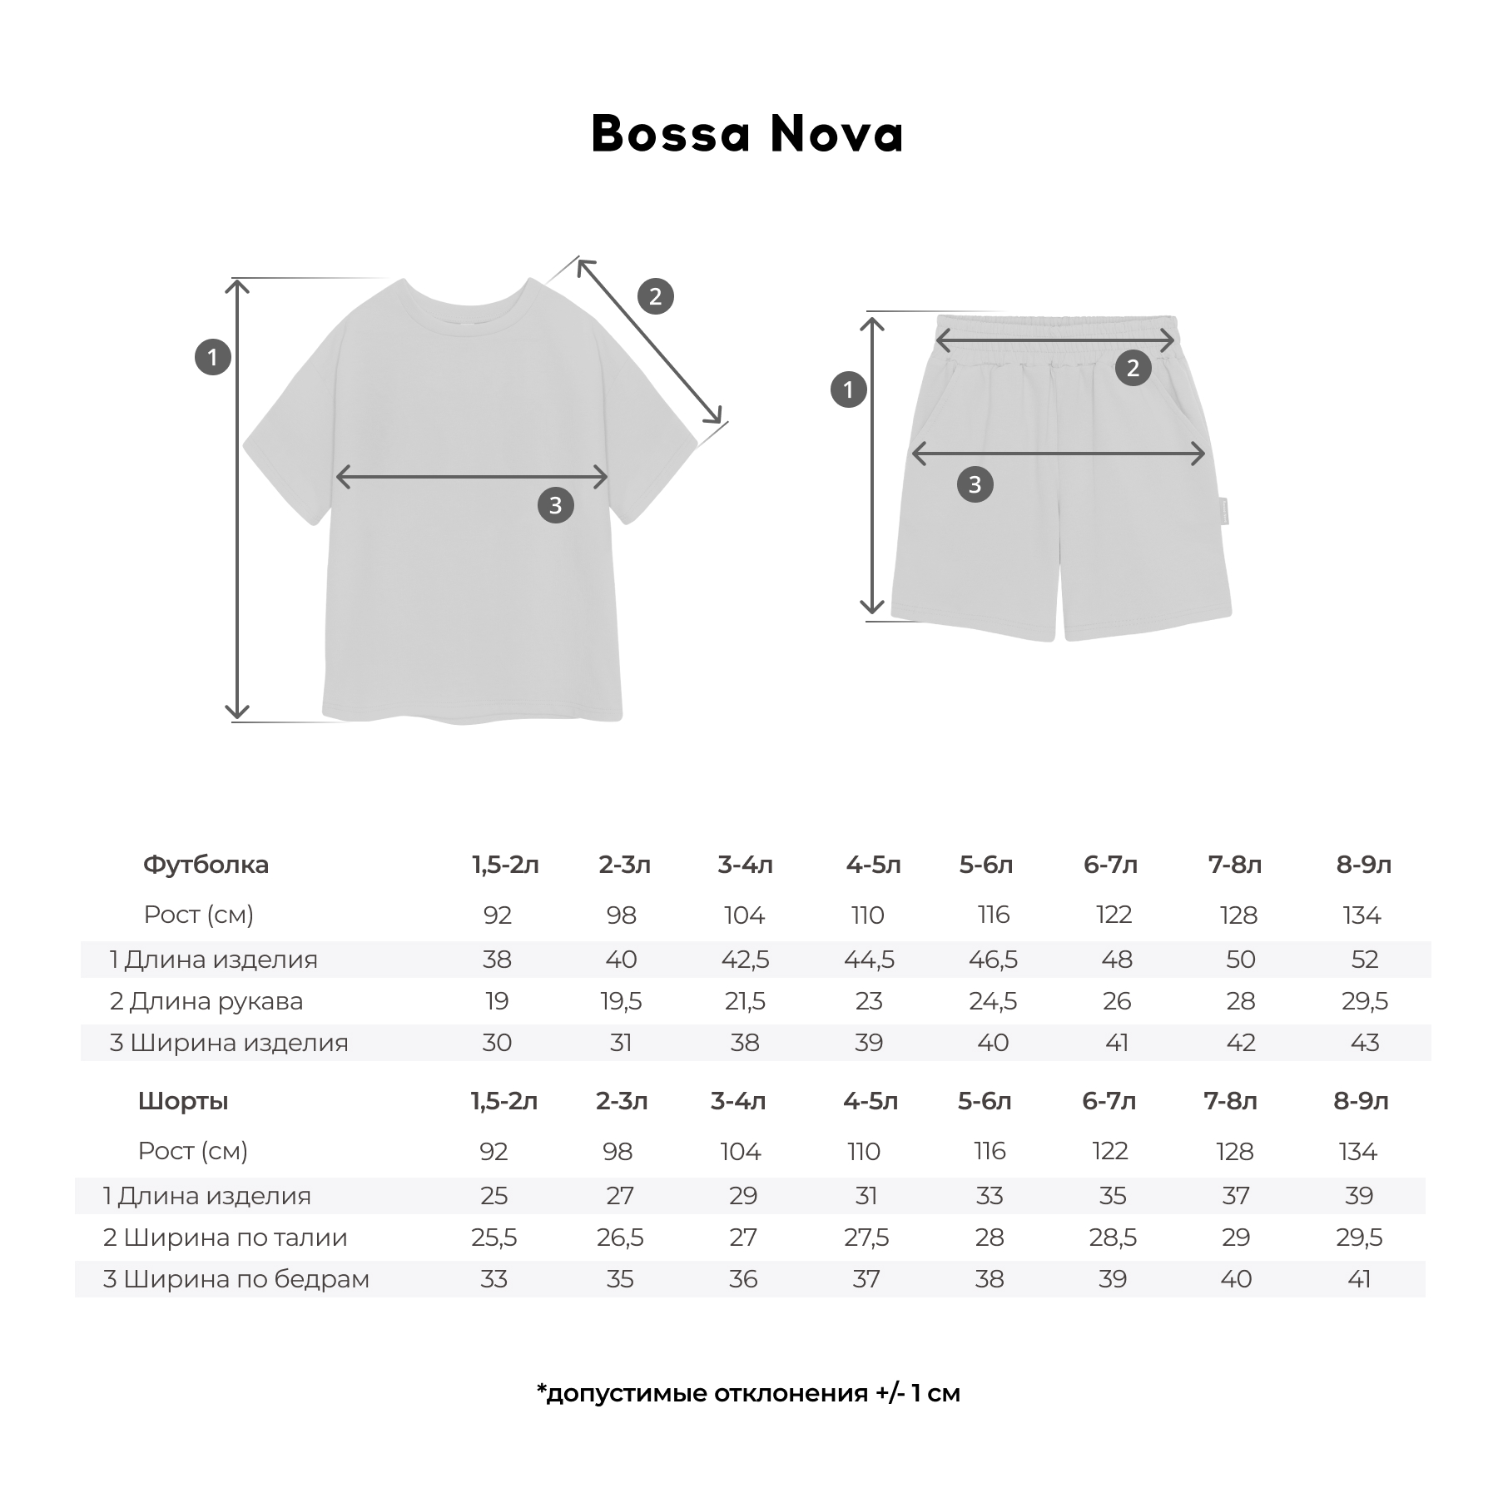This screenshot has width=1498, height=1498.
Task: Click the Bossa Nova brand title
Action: tap(747, 134)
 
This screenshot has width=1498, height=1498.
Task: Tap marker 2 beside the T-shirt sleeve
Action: tap(655, 296)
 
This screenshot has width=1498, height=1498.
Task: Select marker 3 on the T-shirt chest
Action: tap(555, 505)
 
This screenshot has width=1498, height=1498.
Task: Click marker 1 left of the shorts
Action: tap(848, 389)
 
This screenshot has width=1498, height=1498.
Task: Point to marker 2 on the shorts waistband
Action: tap(1133, 368)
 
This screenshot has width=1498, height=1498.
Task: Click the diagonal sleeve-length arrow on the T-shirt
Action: tap(649, 341)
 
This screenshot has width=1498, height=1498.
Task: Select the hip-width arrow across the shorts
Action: tap(1059, 454)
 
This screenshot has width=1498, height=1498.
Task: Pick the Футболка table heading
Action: tap(206, 865)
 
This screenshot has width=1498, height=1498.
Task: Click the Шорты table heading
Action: tap(183, 1101)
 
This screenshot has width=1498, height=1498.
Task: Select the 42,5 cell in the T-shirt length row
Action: tap(745, 960)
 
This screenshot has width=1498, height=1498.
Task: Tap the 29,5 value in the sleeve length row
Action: tap(1364, 1001)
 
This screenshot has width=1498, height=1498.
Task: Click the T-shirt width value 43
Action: tap(1364, 1043)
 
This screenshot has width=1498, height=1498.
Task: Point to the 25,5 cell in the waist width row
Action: tap(494, 1238)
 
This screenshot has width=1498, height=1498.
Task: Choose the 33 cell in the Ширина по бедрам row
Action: tap(494, 1279)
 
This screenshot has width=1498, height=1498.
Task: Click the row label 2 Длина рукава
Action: tap(206, 1001)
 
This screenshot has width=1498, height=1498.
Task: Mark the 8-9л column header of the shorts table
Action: tap(1361, 1101)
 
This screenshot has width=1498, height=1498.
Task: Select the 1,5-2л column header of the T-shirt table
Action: tap(505, 865)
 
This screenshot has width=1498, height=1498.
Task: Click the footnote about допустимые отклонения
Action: tap(748, 1393)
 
